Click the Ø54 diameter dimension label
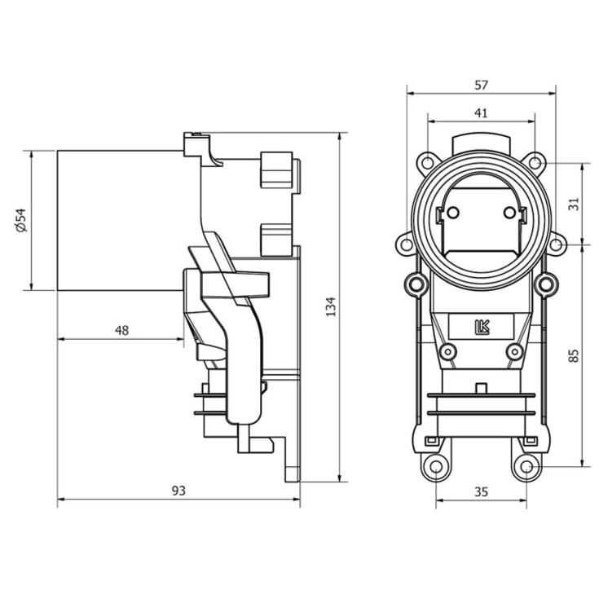click(22, 220)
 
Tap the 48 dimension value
click(122, 330)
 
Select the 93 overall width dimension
click(178, 491)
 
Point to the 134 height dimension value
click(330, 306)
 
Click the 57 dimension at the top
click(481, 85)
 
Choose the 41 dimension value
click(481, 113)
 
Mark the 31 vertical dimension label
click(574, 204)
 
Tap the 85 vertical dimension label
click(574, 355)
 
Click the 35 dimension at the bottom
click(481, 491)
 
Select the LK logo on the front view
click(482, 327)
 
